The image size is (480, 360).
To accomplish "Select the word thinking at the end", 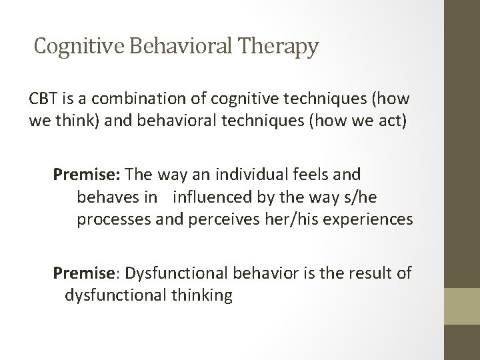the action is click(x=198, y=295).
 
